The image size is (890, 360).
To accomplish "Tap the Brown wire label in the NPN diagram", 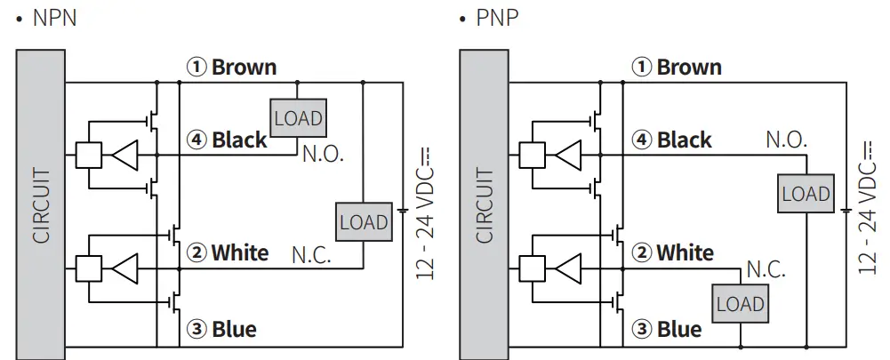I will [x=232, y=68].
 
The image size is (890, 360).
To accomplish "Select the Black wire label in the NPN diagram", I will [x=227, y=140].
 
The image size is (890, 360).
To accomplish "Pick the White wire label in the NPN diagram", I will [x=228, y=253].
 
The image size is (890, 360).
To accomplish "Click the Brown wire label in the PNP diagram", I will [x=677, y=68].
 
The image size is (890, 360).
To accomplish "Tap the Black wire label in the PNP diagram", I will [x=672, y=140].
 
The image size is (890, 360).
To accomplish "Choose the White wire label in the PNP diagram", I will [x=673, y=253].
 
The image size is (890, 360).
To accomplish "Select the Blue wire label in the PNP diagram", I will [x=668, y=330].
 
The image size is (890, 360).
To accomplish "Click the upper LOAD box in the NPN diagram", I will [x=298, y=118].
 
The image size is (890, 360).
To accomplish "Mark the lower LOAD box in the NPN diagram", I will [x=364, y=222].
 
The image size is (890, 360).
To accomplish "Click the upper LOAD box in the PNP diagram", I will [x=806, y=194].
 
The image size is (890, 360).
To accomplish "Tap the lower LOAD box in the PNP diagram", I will [x=741, y=304].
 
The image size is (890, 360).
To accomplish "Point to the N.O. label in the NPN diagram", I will [x=323, y=155].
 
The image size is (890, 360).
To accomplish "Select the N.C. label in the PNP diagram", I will [x=766, y=269].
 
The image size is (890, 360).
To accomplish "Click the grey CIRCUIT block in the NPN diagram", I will [x=41, y=204].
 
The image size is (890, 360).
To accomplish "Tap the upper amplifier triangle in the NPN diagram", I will [x=125, y=155].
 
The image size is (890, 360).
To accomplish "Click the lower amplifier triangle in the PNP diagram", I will [x=570, y=268].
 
